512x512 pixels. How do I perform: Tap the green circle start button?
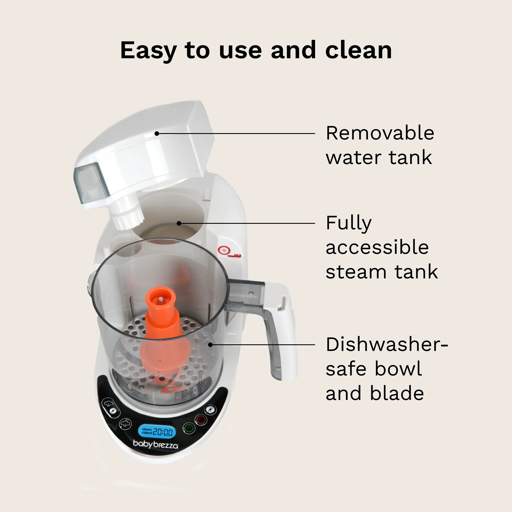click(189, 428)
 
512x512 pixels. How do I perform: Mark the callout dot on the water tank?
click(157, 133)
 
